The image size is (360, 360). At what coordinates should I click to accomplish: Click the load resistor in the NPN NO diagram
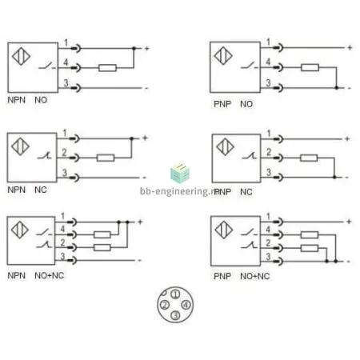click(x=107, y=68)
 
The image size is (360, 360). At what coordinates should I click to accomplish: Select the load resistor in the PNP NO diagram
click(x=310, y=67)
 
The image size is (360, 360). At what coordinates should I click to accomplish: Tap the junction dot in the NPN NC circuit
click(x=131, y=138)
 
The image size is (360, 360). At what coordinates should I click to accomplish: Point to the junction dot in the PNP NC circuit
click(x=334, y=177)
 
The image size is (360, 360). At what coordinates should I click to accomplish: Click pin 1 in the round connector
click(x=175, y=294)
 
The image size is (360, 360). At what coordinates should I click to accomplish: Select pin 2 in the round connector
click(x=165, y=305)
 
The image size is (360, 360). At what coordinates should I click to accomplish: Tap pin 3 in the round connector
click(x=175, y=315)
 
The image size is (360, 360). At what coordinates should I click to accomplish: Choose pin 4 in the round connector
click(x=186, y=305)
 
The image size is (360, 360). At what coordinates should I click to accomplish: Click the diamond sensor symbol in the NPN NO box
click(x=21, y=56)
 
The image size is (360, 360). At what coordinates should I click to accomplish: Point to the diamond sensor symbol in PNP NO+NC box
click(x=223, y=230)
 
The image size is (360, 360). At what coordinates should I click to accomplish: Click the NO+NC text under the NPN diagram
click(x=50, y=275)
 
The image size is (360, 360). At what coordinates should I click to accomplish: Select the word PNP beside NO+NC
click(x=222, y=276)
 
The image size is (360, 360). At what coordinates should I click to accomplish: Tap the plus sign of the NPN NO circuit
click(x=146, y=49)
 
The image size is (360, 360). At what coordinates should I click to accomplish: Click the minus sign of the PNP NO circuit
click(x=350, y=88)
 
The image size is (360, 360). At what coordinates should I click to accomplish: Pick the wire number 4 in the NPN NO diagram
click(x=66, y=62)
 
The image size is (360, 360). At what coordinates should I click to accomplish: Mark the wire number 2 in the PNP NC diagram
click(x=269, y=152)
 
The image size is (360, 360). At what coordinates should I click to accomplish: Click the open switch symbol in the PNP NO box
click(x=249, y=66)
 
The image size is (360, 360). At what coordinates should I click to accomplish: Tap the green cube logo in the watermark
click(x=180, y=174)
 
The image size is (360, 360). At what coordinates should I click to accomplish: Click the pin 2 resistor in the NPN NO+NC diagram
click(x=102, y=248)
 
